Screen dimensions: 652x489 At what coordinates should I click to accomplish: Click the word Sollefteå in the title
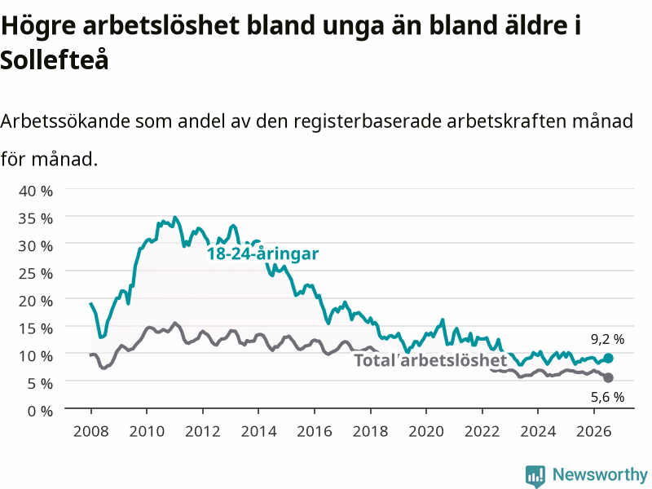tap(55, 59)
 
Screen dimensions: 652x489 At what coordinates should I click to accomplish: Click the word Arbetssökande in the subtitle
tap(65, 121)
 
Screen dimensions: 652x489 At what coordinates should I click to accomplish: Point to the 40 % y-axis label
tap(36, 191)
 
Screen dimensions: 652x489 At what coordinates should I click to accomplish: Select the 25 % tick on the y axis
tap(36, 273)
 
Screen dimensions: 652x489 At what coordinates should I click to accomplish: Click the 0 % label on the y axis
tap(40, 411)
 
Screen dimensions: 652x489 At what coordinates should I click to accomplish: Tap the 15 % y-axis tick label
tap(36, 328)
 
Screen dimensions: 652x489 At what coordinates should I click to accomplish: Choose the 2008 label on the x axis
tap(91, 431)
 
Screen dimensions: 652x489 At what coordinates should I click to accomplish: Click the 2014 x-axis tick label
tap(258, 431)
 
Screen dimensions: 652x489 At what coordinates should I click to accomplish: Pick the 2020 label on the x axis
tap(426, 431)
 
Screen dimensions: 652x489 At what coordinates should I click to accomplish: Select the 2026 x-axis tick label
tap(594, 431)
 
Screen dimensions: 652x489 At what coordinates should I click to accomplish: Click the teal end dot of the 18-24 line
tap(608, 358)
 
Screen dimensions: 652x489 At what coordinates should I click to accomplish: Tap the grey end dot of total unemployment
tap(608, 377)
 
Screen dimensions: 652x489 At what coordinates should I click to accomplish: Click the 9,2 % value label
tap(607, 339)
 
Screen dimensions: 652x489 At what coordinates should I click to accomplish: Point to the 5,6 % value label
tap(607, 397)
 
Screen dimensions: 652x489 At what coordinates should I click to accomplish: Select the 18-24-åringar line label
tap(262, 253)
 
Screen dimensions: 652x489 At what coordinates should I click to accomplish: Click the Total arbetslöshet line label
tap(431, 360)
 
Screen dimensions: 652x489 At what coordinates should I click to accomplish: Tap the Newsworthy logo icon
tap(535, 476)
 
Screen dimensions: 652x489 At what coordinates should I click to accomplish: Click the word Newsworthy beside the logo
tap(600, 474)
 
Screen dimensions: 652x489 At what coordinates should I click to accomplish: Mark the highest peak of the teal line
tap(175, 217)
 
